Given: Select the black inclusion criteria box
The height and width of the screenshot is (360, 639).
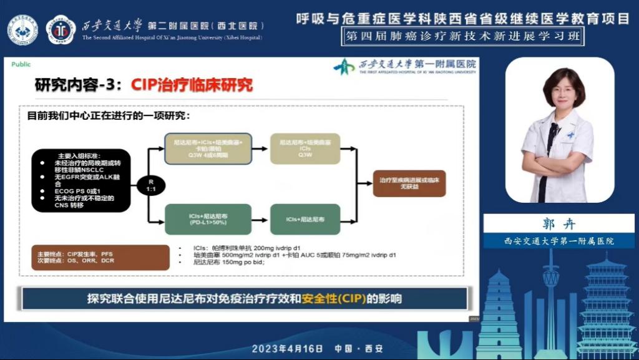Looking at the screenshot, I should click(80, 180).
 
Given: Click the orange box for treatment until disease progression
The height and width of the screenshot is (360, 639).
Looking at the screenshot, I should click(409, 183).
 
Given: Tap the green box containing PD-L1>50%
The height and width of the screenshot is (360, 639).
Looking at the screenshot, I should click(208, 219).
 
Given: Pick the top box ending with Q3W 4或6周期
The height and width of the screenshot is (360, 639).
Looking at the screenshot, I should click(208, 148).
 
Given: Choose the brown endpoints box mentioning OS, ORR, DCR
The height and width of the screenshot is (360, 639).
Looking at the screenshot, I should click(100, 257).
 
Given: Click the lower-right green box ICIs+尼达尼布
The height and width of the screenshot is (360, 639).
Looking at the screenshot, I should click(305, 219).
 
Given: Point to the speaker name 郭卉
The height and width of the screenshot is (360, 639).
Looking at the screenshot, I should click(559, 223).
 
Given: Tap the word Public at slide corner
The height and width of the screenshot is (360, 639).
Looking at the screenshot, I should click(21, 64).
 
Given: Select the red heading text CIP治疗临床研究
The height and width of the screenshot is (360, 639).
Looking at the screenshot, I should click(192, 85).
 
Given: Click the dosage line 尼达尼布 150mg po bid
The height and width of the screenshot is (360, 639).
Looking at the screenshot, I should click(230, 263).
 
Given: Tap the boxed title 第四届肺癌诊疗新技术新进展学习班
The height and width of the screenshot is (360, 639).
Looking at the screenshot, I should click(464, 36).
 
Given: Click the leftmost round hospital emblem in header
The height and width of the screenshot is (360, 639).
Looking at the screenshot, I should click(22, 29).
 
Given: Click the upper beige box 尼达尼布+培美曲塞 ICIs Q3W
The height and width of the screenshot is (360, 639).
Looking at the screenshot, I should click(305, 148).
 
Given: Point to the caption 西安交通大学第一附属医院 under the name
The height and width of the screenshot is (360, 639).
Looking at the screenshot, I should click(559, 241).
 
